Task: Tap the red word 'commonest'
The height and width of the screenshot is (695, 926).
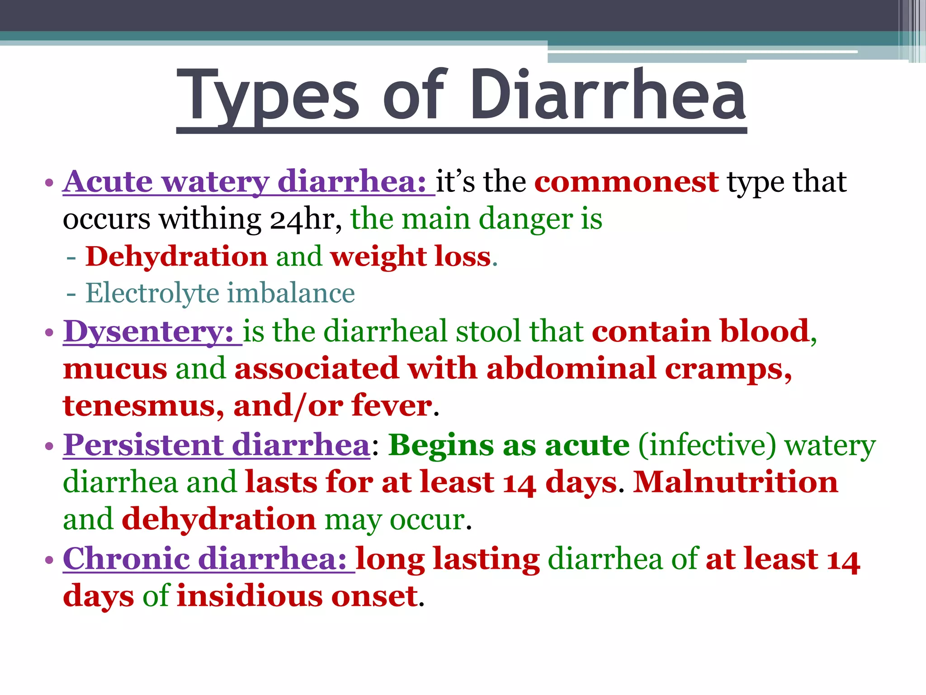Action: pyautogui.click(x=626, y=182)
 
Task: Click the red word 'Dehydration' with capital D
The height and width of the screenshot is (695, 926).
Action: pyautogui.click(x=177, y=257)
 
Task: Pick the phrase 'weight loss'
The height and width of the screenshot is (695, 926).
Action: pyautogui.click(x=411, y=257)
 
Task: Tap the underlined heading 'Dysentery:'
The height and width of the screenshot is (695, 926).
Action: pyautogui.click(x=148, y=332)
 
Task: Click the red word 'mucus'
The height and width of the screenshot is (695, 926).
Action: pyautogui.click(x=115, y=368)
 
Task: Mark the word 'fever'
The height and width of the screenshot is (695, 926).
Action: pyautogui.click(x=392, y=405)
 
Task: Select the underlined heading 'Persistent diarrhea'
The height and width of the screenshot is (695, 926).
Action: pyautogui.click(x=217, y=445)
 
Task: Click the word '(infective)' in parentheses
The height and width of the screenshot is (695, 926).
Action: pyautogui.click(x=707, y=445)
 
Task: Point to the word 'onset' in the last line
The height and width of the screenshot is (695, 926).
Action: pyautogui.click(x=374, y=596)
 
